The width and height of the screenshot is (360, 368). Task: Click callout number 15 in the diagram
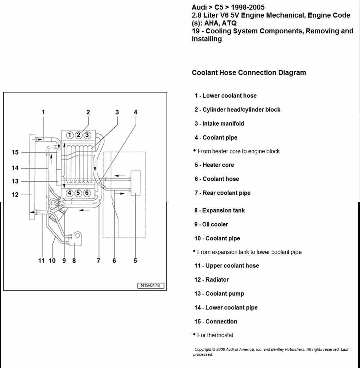tap(15, 152)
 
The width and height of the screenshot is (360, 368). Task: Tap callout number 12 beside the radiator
tap(15, 195)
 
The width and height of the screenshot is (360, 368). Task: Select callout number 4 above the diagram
tap(135, 112)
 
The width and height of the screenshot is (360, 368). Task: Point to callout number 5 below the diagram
tap(135, 261)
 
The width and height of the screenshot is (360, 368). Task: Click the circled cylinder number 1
tap(70, 135)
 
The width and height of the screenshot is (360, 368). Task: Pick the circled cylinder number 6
tap(87, 193)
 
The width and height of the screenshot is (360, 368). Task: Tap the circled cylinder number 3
tap(87, 135)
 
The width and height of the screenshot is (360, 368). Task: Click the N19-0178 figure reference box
tap(150, 285)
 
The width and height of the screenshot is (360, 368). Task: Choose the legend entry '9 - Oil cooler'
tap(211, 224)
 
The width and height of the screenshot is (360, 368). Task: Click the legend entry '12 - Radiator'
tap(211, 280)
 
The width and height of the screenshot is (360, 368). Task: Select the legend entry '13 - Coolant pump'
tap(219, 294)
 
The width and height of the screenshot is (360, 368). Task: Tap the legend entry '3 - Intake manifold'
tap(219, 123)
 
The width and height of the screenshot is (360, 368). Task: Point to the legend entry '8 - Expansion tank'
tap(220, 211)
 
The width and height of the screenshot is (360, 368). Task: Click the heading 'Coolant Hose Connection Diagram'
tap(249, 72)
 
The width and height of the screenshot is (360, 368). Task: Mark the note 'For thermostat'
tap(215, 335)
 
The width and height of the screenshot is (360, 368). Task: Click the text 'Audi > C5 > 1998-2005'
tap(228, 7)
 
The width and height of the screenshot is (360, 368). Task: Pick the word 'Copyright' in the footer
tap(203, 349)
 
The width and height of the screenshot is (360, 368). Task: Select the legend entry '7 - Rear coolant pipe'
tap(222, 193)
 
